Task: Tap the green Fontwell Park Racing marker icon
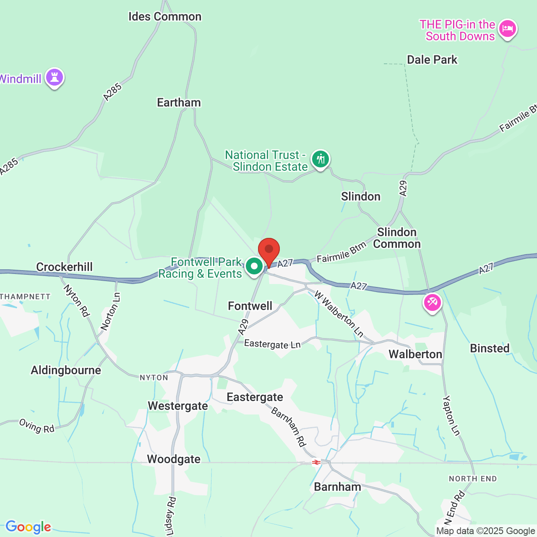pyautogui.click(x=254, y=266)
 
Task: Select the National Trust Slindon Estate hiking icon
pyautogui.click(x=321, y=159)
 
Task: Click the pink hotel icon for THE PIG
pyautogui.click(x=508, y=29)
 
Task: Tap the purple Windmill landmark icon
pyautogui.click(x=55, y=77)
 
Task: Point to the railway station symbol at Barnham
pyautogui.click(x=316, y=462)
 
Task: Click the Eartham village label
pyautogui.click(x=179, y=103)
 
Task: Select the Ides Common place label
pyautogui.click(x=165, y=17)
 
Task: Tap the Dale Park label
pyautogui.click(x=432, y=60)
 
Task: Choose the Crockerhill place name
pyautogui.click(x=65, y=267)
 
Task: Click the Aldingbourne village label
pyautogui.click(x=66, y=370)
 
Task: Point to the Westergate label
pyautogui.click(x=178, y=406)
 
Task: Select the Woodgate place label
pyautogui.click(x=174, y=459)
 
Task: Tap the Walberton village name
pyautogui.click(x=415, y=355)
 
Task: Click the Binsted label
pyautogui.click(x=490, y=349)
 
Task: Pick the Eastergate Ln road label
pyautogui.click(x=272, y=344)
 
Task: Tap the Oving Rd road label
pyautogui.click(x=37, y=426)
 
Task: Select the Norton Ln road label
pyautogui.click(x=110, y=312)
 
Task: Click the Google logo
pyautogui.click(x=28, y=527)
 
